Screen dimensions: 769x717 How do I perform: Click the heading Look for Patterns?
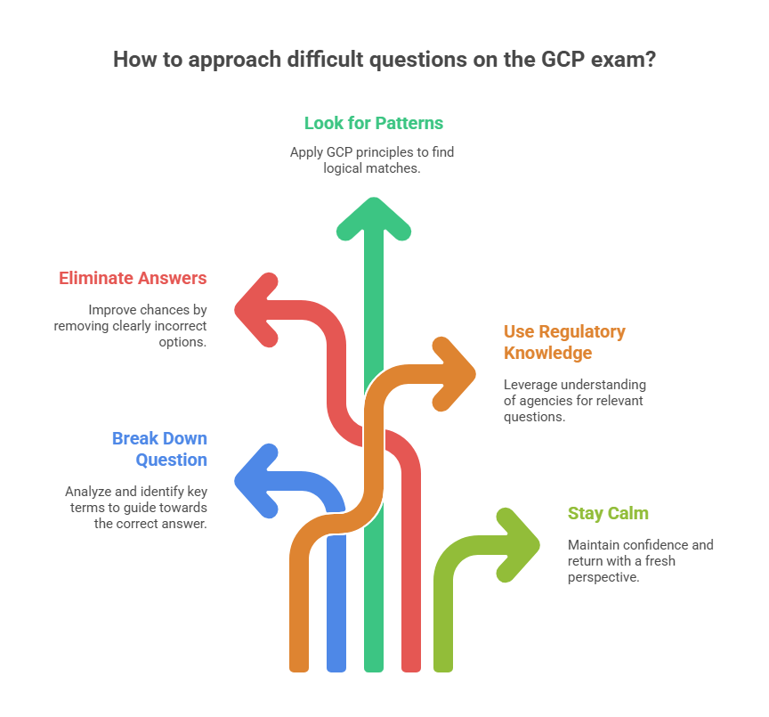coord(373,123)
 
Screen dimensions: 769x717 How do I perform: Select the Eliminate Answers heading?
coord(133,278)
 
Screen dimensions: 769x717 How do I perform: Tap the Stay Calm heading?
coord(608,513)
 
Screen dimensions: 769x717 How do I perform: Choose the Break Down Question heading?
coord(159,449)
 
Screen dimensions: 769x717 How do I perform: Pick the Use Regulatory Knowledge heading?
coord(564,342)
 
